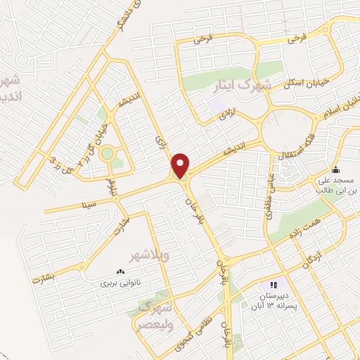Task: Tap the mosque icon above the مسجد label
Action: (x=336, y=169)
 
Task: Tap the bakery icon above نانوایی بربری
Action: (x=120, y=271)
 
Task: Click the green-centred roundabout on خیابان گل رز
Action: (x=107, y=153)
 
